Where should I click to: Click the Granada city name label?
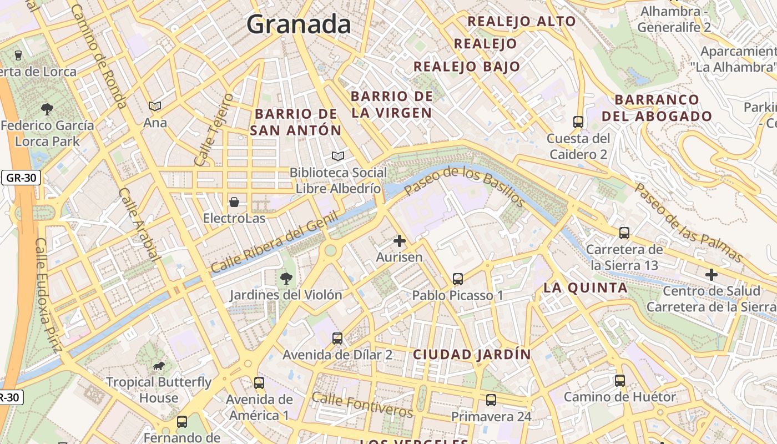299,24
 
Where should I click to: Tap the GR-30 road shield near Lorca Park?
21,178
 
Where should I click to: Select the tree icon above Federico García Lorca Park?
47,109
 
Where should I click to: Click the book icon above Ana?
155,106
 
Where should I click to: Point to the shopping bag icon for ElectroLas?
234,201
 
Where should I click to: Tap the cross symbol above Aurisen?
399,241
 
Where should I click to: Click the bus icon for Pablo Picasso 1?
458,279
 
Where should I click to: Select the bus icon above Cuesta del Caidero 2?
578,122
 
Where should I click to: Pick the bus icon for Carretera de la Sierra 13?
624,233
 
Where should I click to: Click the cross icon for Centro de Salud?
711,274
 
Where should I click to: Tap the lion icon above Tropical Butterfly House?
159,366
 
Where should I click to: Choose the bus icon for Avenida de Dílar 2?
337,338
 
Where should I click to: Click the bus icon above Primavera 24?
491,400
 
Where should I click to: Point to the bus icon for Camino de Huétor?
619,381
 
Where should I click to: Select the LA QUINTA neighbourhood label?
586,287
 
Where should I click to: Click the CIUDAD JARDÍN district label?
472,354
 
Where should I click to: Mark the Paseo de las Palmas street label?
688,223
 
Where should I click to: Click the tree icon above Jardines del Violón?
286,278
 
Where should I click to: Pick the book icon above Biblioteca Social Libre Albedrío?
338,157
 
